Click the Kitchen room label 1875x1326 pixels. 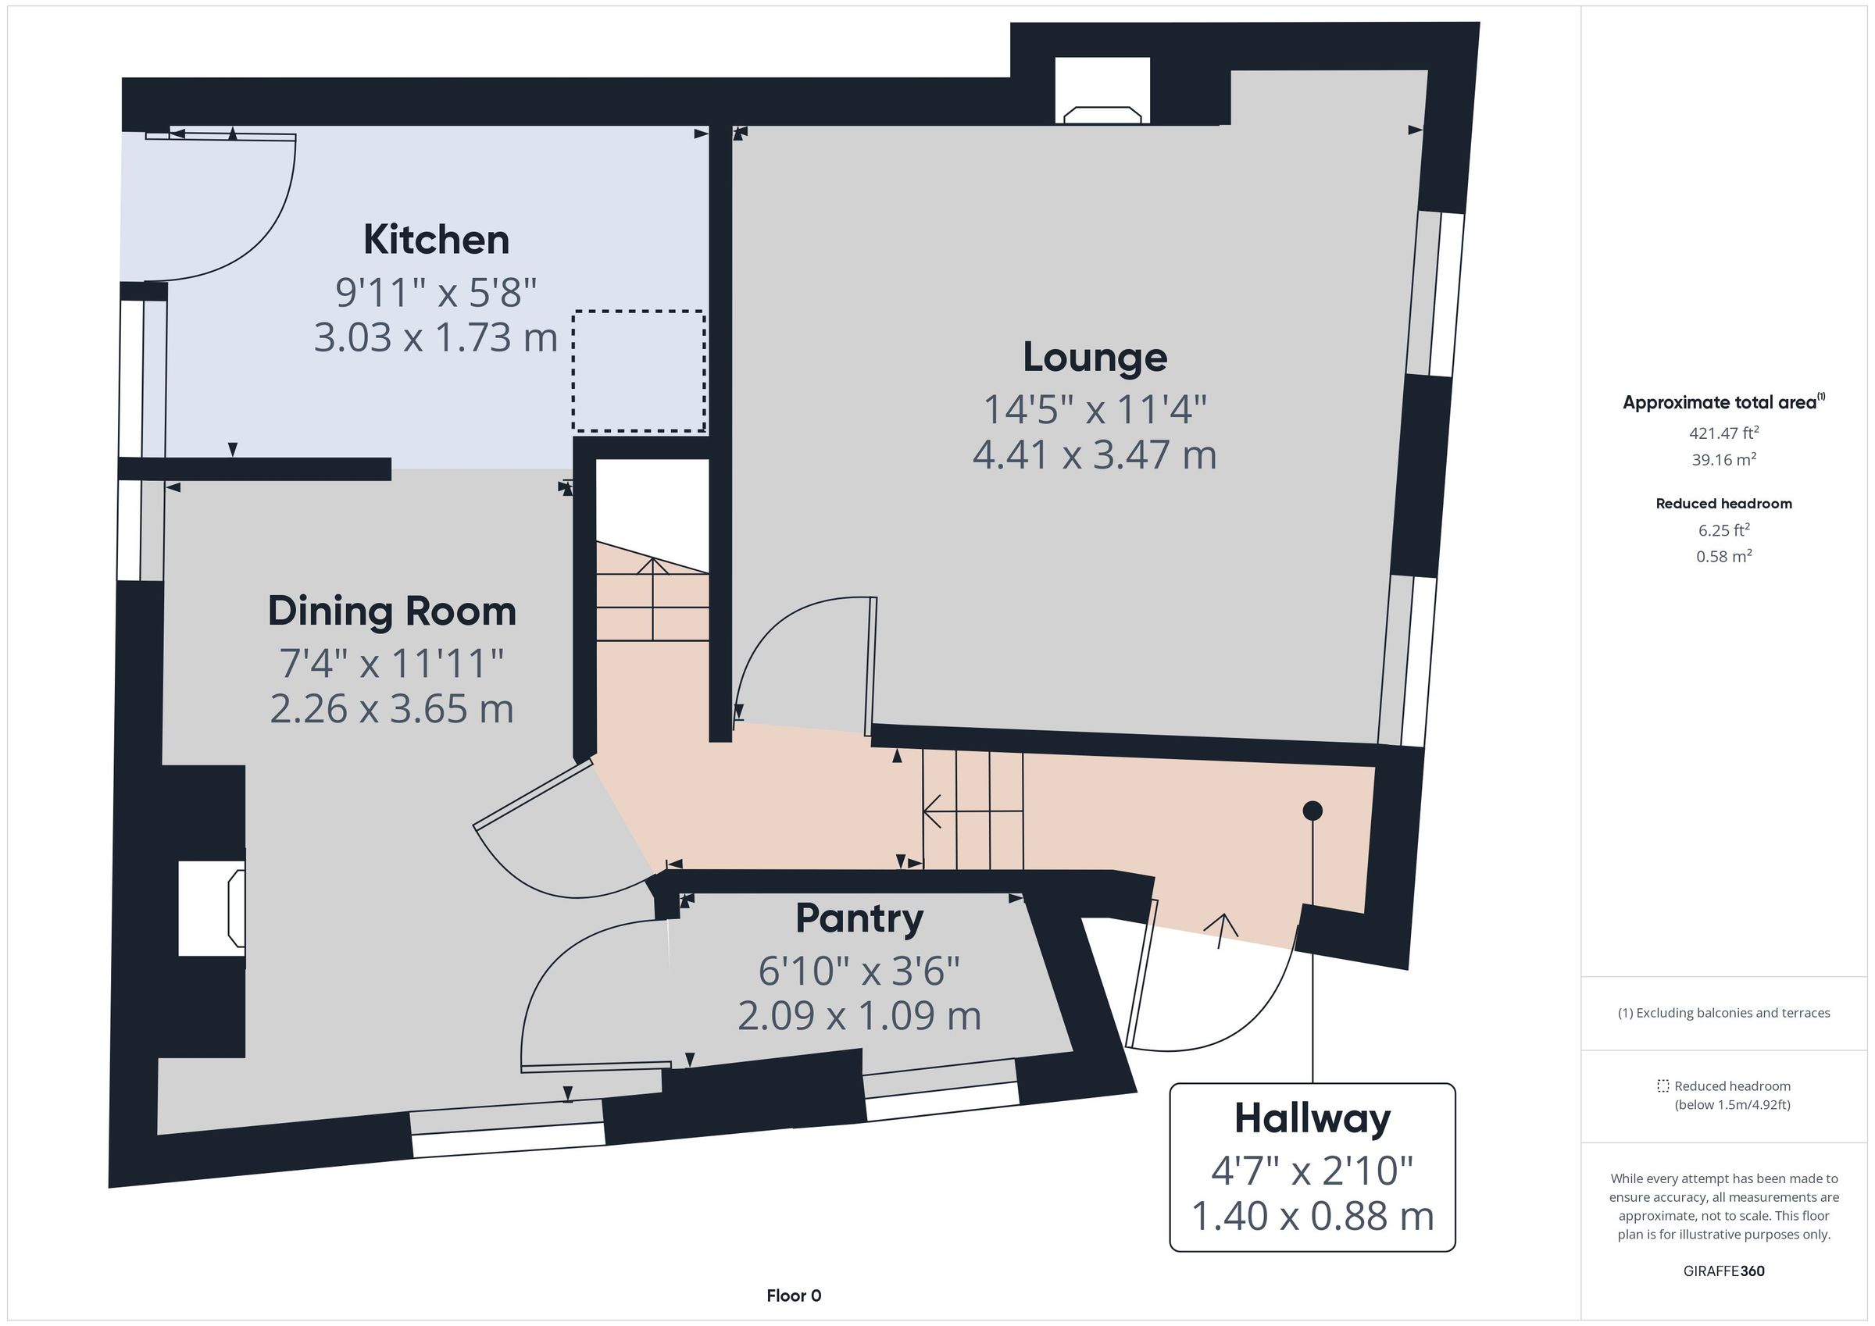(x=436, y=240)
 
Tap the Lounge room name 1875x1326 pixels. (x=1095, y=358)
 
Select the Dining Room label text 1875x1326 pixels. (x=392, y=611)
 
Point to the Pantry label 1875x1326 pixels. (x=859, y=918)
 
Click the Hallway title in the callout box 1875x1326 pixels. (x=1312, y=1118)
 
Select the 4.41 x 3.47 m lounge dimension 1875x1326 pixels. (x=1095, y=454)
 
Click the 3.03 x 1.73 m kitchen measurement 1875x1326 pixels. (x=436, y=337)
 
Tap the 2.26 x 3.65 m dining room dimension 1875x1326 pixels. (x=392, y=709)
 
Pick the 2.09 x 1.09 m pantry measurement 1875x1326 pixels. (x=859, y=1017)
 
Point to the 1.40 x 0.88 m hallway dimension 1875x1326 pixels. (x=1312, y=1216)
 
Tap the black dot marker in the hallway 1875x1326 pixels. (x=1312, y=811)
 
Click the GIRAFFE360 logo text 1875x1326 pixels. (x=1724, y=1271)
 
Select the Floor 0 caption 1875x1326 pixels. (x=794, y=1296)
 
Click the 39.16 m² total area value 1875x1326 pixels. (x=1724, y=460)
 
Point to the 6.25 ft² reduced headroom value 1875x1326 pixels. (x=1724, y=530)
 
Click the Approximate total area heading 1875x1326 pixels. (x=1723, y=401)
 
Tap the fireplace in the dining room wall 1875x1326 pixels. (x=212, y=908)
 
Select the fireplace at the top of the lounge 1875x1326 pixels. (x=1102, y=91)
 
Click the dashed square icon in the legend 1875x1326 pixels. (x=1662, y=1086)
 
